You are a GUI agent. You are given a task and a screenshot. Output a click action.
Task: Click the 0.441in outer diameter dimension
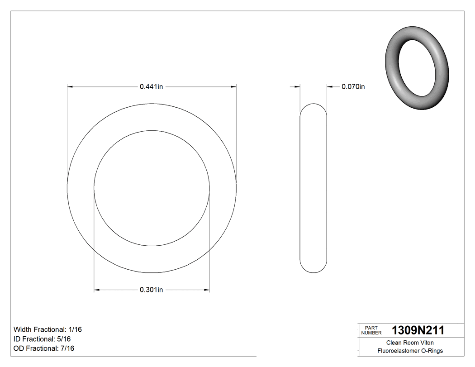(x=151, y=86)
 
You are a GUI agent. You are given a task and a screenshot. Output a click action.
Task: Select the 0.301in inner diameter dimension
(x=151, y=290)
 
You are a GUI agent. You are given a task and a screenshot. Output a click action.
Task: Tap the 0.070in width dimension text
(x=353, y=86)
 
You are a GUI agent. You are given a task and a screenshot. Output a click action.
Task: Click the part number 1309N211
(x=418, y=330)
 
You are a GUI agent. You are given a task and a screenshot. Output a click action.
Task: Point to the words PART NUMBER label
(x=371, y=330)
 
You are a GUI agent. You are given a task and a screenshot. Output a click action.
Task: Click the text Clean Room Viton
(x=410, y=343)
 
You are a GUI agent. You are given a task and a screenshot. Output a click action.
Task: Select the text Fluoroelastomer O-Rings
(x=410, y=351)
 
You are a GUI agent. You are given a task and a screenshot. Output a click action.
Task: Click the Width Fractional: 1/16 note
(x=48, y=329)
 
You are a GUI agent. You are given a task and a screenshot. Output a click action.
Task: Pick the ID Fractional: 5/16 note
(x=42, y=339)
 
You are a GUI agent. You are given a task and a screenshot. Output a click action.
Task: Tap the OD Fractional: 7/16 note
(x=44, y=348)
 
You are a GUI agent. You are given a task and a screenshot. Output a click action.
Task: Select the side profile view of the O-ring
(x=313, y=188)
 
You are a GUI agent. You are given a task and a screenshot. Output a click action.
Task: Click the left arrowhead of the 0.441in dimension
(x=70, y=86)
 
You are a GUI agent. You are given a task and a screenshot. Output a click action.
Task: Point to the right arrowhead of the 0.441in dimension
(x=234, y=86)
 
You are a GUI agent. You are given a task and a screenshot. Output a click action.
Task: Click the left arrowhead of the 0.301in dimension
(x=96, y=290)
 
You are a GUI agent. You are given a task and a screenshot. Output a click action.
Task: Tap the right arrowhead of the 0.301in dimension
(x=207, y=290)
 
